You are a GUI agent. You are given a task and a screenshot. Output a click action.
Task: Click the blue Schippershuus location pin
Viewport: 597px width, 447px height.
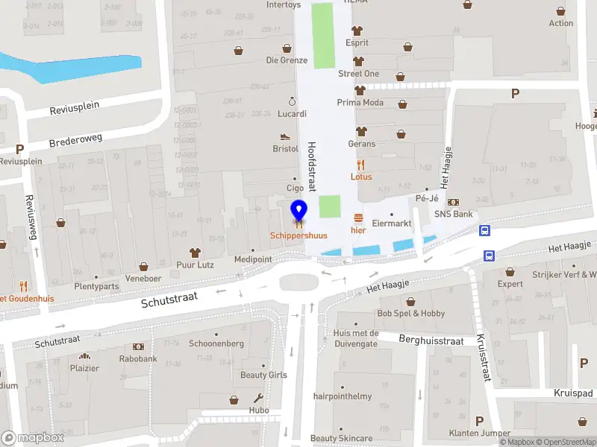(x=298, y=210)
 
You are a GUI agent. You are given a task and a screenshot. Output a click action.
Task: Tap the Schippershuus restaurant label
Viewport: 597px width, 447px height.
(x=298, y=235)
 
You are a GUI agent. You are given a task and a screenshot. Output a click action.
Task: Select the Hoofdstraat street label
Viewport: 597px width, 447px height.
(x=313, y=167)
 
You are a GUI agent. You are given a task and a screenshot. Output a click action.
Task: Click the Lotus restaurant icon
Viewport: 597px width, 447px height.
(x=361, y=165)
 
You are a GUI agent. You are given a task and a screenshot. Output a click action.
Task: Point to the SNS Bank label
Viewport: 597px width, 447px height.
(x=454, y=214)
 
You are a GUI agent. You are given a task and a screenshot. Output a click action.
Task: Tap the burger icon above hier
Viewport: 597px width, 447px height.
(x=359, y=218)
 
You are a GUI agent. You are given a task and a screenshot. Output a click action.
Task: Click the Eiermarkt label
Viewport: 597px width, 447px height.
(x=392, y=223)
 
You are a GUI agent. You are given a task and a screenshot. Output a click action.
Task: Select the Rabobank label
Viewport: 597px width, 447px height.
(x=138, y=358)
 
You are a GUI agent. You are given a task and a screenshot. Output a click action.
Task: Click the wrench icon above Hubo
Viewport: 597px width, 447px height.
(x=259, y=398)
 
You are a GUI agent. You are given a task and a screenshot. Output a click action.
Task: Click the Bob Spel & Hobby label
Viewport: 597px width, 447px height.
(x=411, y=314)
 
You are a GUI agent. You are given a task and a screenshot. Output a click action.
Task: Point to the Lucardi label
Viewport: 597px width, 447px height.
(x=292, y=114)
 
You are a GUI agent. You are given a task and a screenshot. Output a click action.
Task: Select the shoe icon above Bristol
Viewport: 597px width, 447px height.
(x=285, y=136)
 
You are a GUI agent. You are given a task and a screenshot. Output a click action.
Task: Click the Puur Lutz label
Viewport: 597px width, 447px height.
(x=196, y=264)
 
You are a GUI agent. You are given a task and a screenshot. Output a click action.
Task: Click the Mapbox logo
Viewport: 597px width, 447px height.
(x=31, y=438)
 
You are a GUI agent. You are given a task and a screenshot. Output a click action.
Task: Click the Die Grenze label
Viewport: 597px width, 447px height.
(x=287, y=60)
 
